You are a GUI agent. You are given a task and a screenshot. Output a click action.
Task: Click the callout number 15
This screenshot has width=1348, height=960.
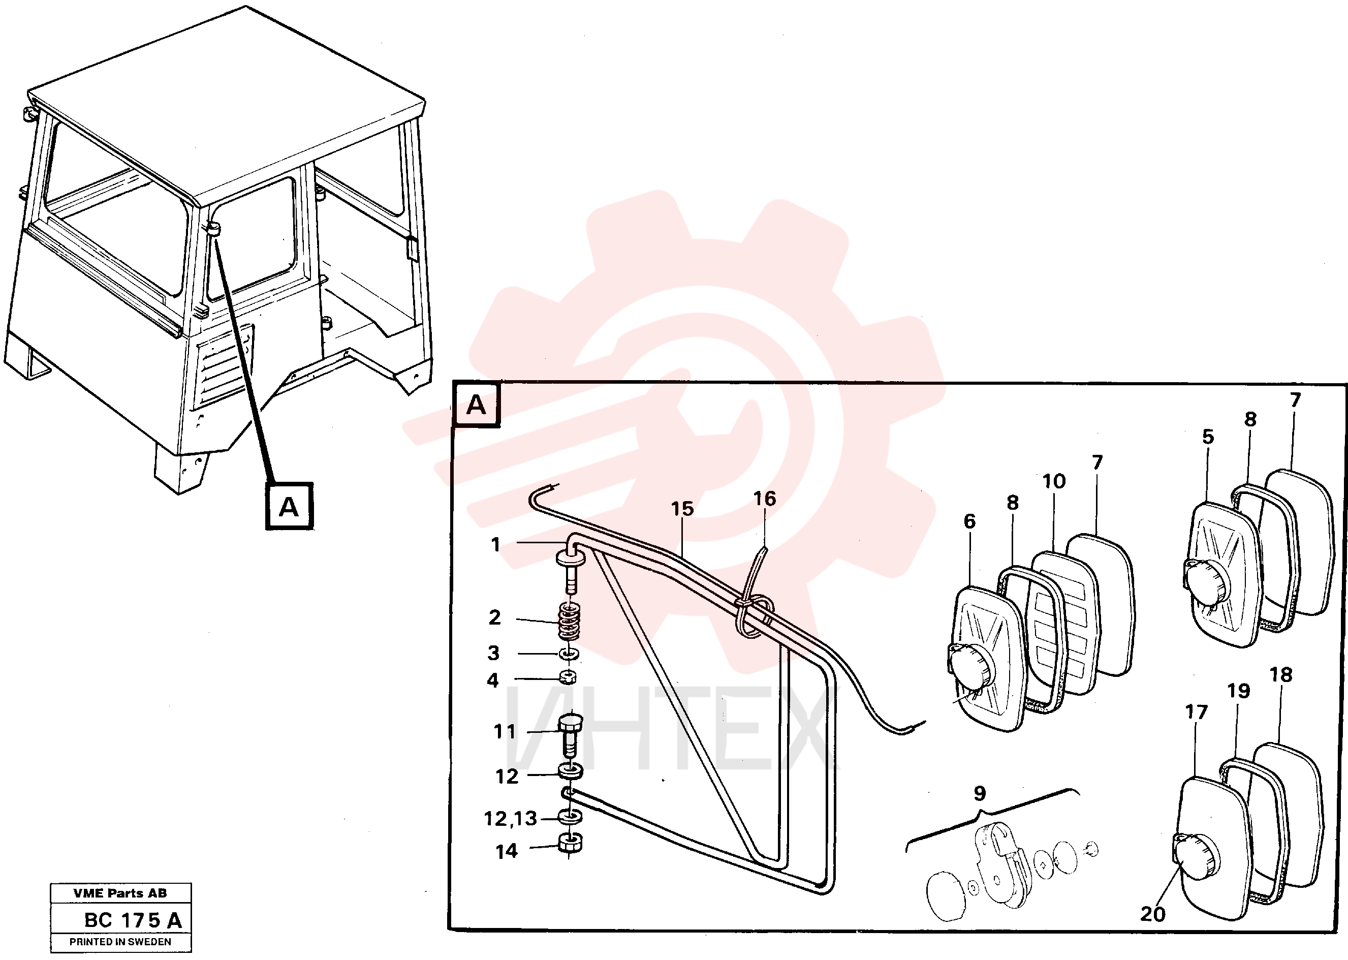point(682,509)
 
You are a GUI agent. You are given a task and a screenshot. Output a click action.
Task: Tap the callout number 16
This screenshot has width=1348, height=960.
point(764,499)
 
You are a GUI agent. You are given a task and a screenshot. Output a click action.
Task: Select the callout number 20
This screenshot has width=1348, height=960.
point(1152,914)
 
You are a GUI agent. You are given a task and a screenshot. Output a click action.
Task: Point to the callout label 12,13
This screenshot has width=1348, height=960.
point(510,819)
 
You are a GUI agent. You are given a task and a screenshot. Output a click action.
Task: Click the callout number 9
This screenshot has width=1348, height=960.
point(980,793)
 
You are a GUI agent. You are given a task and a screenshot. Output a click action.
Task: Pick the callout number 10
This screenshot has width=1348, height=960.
point(1054,481)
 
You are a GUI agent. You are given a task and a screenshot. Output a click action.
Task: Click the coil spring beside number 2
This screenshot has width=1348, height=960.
point(569,621)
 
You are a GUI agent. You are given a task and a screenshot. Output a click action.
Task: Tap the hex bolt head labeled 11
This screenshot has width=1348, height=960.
point(570,723)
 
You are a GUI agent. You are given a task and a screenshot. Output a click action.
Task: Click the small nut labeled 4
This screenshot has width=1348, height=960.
point(568,677)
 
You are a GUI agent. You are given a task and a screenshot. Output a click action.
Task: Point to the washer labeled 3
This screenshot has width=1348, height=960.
point(569,654)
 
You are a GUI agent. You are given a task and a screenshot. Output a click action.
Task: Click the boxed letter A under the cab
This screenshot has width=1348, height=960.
point(289,507)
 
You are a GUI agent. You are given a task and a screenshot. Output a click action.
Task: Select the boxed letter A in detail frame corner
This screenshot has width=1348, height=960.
point(476,406)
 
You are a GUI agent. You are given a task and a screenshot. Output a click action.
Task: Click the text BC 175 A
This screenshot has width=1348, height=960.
point(133,920)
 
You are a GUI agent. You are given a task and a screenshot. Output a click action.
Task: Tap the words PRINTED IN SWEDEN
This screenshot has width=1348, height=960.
point(120,942)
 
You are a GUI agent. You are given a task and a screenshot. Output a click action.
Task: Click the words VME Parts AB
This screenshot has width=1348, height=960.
point(120,893)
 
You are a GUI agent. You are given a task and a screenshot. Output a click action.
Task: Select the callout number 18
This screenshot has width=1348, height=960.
point(1281,674)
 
